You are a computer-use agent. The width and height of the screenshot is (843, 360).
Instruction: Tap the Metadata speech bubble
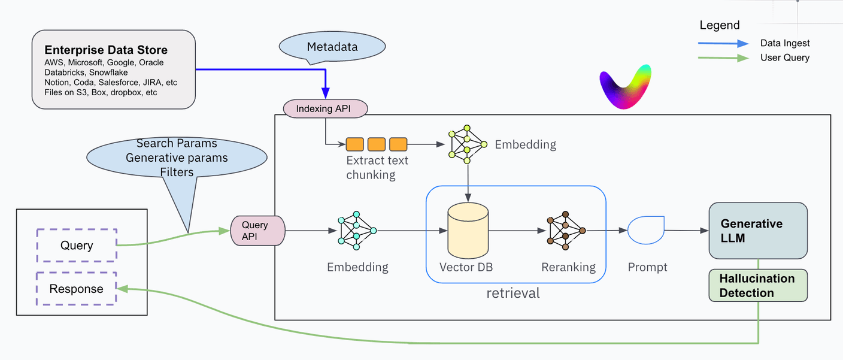coord(332,47)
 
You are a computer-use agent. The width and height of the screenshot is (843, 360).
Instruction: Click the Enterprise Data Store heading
coord(106,50)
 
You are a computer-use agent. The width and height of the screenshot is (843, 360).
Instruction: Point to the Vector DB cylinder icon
coord(468,231)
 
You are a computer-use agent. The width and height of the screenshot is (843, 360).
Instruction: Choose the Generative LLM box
coord(757,231)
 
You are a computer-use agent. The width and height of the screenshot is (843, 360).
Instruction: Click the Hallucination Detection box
coord(757,285)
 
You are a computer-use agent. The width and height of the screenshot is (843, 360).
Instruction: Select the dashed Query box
coord(77,245)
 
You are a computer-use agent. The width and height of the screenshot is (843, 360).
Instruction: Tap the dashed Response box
coord(77,289)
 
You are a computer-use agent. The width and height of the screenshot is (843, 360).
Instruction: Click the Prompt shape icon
coord(645,230)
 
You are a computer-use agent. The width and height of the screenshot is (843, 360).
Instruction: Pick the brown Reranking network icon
coord(566,230)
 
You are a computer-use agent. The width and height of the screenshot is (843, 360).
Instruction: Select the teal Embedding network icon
coord(357,230)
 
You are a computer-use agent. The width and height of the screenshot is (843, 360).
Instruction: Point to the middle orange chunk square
coord(376,144)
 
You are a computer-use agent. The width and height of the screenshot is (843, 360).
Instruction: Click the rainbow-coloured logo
coord(624,86)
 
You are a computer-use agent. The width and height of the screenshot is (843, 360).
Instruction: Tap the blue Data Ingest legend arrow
coord(723,43)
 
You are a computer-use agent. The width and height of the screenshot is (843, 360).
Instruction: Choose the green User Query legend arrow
coord(723,58)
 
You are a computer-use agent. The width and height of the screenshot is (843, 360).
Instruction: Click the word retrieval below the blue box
coord(513,294)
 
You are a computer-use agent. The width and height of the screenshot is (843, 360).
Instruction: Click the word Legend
coord(720,25)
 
